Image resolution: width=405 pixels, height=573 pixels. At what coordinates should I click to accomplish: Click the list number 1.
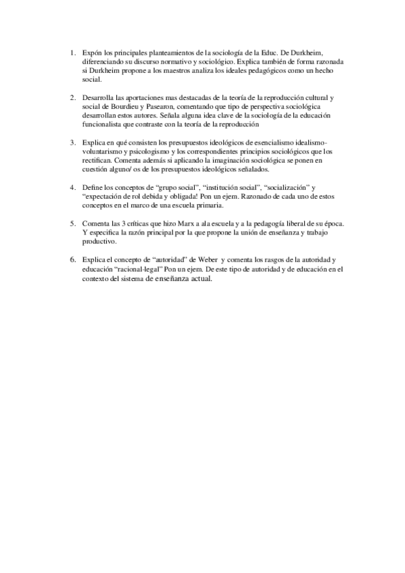(x=73, y=52)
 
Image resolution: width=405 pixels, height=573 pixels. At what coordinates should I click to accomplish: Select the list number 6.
(x=73, y=259)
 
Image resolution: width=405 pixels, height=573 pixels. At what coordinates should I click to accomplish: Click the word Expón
(x=91, y=52)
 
